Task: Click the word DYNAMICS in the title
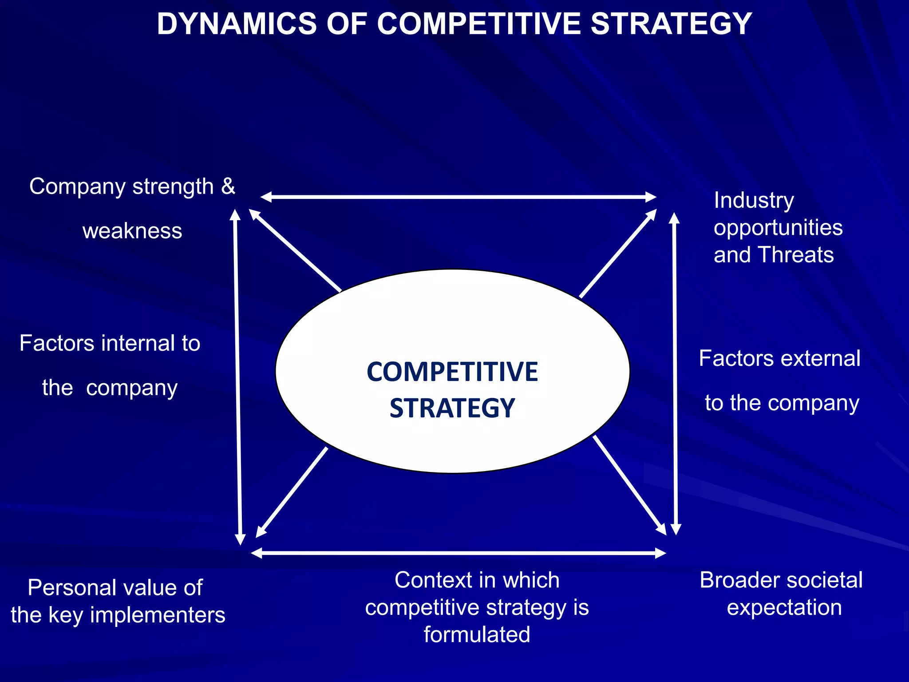237,24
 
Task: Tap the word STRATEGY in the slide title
671,24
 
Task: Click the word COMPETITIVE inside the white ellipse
452,372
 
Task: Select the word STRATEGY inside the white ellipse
452,408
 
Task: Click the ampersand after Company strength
228,186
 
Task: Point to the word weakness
132,231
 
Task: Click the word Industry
754,200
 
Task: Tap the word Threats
796,255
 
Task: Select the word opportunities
778,228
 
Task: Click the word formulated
477,634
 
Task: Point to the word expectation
784,607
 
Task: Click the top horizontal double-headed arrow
458,197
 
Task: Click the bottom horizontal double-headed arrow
458,553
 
